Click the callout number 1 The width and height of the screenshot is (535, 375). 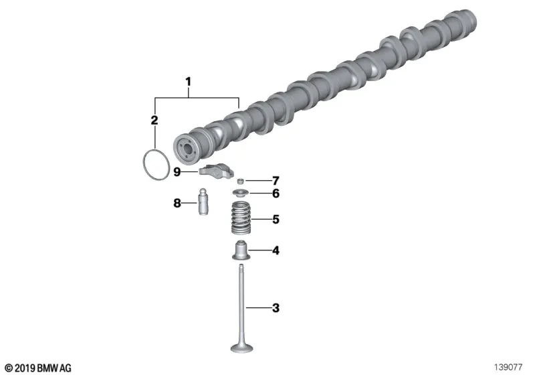[188, 82]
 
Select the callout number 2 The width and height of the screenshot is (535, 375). [154, 121]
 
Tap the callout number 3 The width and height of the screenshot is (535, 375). [276, 308]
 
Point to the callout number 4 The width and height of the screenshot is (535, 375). [276, 250]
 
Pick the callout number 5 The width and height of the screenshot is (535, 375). [276, 219]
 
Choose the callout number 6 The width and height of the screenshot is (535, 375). [276, 194]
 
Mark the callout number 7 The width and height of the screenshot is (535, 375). [276, 181]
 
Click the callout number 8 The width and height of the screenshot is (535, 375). [177, 203]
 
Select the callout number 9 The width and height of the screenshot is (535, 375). [177, 172]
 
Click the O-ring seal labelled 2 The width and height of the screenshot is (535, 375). [144, 164]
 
